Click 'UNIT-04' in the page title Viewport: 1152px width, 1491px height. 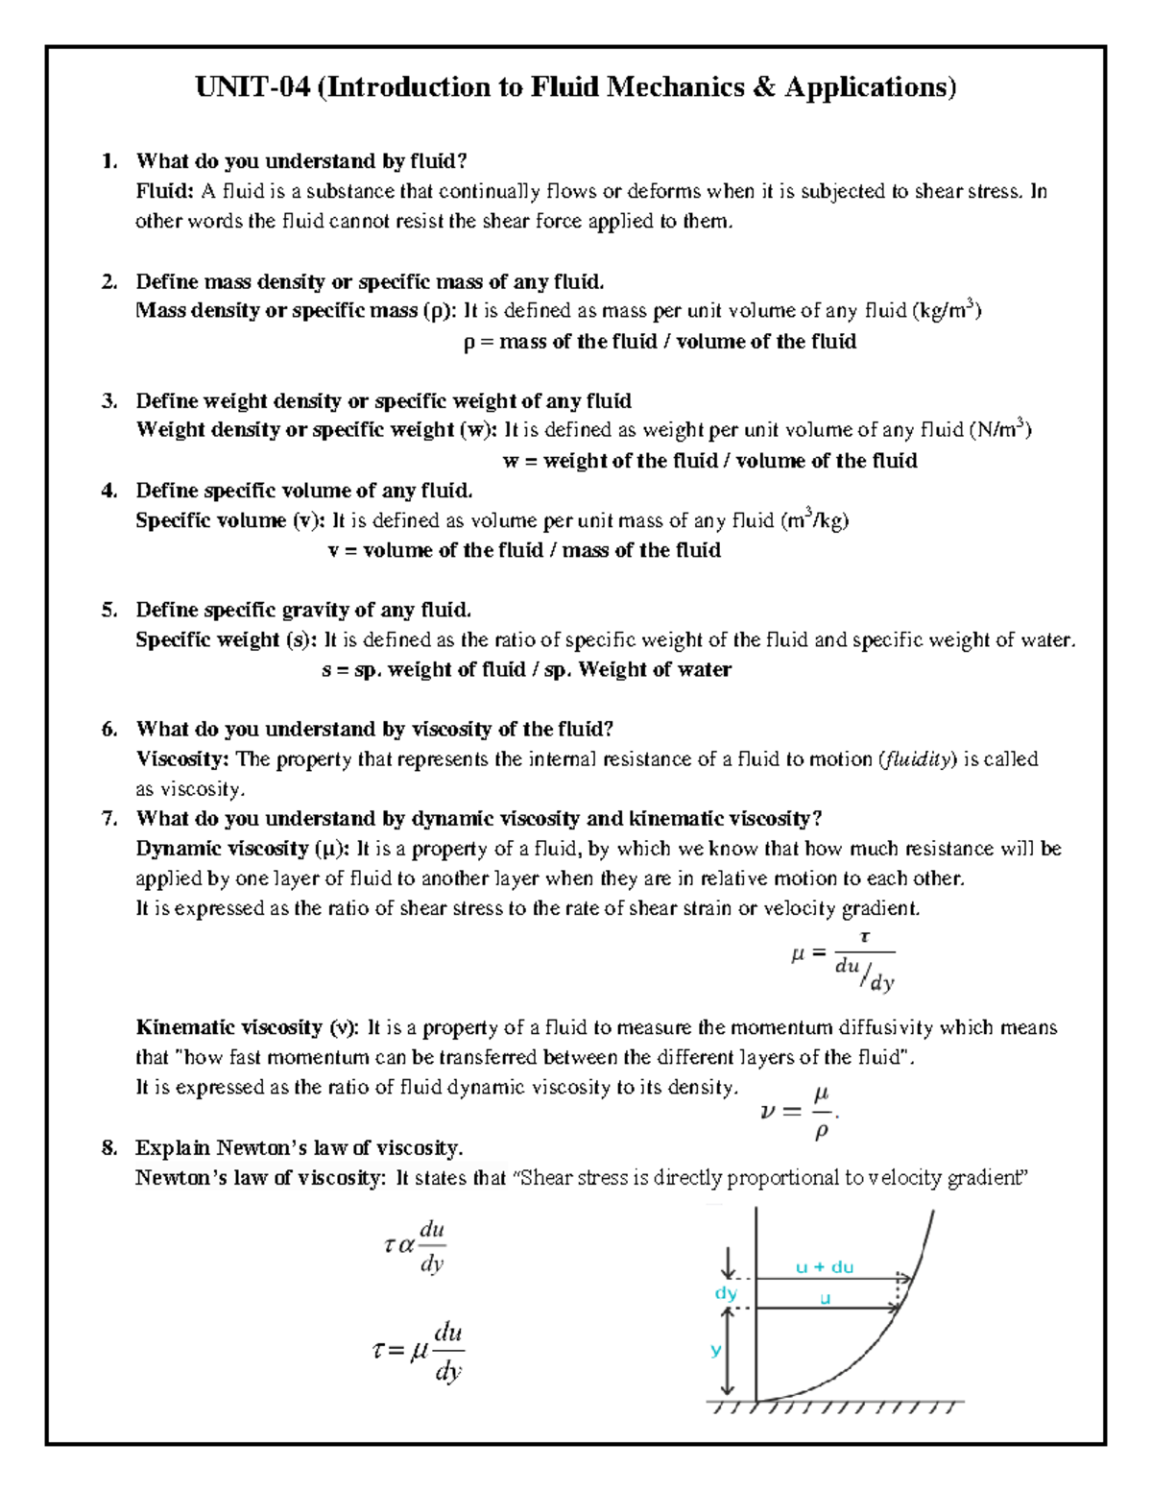point(252,87)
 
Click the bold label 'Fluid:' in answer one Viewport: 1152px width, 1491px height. point(165,191)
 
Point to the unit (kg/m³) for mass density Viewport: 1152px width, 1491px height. point(946,310)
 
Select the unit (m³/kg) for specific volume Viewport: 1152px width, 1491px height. point(814,520)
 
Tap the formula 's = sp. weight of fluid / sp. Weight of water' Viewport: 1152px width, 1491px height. point(526,669)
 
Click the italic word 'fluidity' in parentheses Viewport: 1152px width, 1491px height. point(918,759)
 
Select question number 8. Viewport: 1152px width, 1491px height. point(109,1147)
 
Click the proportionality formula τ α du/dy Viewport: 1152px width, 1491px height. point(414,1246)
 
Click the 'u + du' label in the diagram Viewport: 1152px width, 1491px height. point(824,1267)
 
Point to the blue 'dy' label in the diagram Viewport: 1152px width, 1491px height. point(725,1293)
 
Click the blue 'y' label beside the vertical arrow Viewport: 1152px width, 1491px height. point(715,1350)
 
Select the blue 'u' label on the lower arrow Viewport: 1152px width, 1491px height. point(824,1299)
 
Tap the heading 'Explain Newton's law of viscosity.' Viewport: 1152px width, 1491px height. point(299,1147)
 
